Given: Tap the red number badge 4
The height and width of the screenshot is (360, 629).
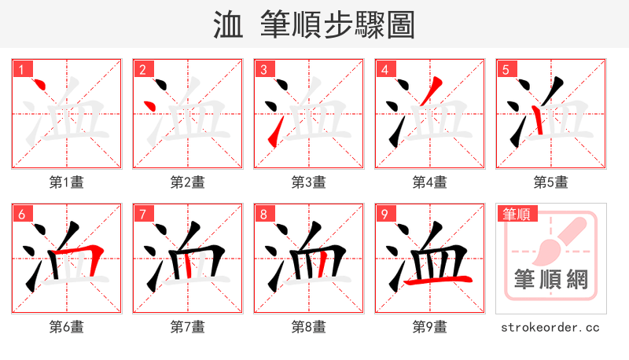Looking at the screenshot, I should (384, 69).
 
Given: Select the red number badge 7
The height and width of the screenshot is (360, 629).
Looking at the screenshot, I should (142, 214).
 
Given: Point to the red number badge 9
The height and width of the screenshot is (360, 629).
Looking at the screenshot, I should (384, 214).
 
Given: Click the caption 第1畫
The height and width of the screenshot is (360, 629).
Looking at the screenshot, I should (67, 182).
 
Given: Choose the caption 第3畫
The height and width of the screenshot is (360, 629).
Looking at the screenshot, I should (309, 182).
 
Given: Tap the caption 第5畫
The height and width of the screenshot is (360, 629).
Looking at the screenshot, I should (551, 182).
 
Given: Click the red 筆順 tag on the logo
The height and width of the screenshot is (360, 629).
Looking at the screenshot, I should (517, 214).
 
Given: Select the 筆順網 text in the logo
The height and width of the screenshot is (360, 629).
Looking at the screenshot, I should (550, 279).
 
